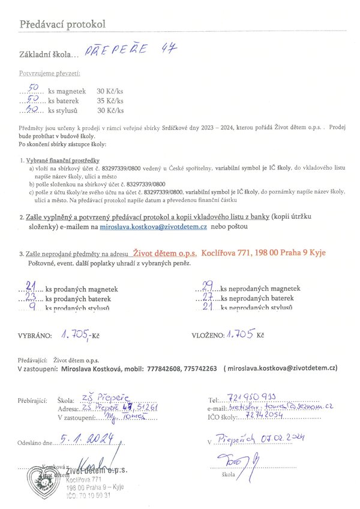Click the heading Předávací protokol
point(62,25)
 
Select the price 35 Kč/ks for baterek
point(110,101)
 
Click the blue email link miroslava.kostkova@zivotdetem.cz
point(154,228)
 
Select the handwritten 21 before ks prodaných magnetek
point(33,287)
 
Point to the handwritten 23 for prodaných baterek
point(33,297)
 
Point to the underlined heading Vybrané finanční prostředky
point(56,161)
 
